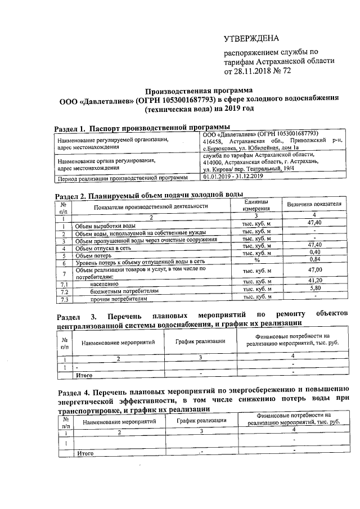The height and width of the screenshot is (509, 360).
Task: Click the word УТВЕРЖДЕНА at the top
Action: (251, 38)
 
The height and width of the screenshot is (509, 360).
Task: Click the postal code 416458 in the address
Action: (214, 142)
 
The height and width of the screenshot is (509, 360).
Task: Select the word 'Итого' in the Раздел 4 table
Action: (85, 453)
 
